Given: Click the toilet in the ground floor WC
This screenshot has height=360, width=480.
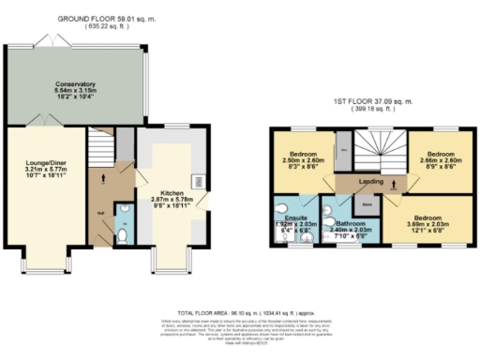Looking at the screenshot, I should point(124,235).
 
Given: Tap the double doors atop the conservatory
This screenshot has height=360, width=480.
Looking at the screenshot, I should point(47,40).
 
